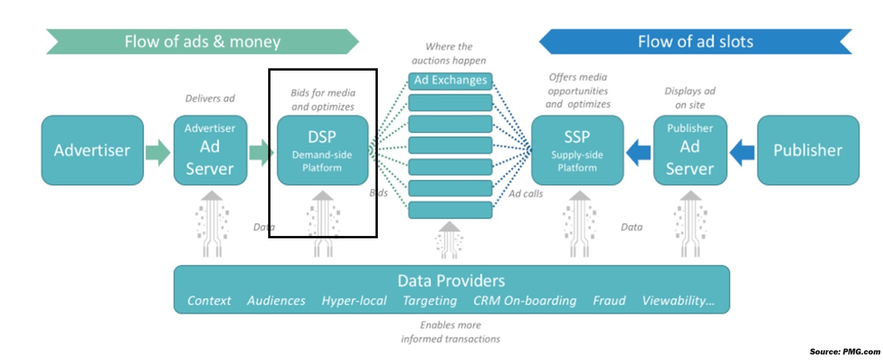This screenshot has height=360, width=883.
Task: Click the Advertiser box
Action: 92,150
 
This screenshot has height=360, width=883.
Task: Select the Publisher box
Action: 808,150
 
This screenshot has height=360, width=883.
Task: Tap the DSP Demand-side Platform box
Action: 322,150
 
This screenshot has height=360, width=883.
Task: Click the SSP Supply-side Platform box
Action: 577,150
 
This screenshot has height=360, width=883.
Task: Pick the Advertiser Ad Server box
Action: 210,150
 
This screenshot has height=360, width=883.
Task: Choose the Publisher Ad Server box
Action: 690,150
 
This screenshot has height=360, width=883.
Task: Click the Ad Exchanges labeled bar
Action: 450,80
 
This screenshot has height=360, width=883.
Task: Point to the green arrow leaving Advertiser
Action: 158,152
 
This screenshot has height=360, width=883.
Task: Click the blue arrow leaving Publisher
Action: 742,152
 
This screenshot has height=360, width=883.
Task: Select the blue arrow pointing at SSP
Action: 639,152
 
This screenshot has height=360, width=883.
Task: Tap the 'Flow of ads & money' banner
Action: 202,42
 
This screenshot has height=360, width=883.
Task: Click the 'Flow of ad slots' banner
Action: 695,42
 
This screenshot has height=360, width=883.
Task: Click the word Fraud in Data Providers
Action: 609,301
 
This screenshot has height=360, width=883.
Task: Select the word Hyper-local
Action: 354,301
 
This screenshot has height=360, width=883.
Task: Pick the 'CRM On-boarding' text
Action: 525,301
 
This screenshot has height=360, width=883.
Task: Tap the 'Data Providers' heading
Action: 451,281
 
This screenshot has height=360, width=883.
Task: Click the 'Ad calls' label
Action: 526,194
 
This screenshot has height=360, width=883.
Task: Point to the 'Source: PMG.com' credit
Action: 844,352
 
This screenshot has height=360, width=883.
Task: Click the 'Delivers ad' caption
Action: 210,98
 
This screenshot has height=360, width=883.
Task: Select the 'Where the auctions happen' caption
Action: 449,53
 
